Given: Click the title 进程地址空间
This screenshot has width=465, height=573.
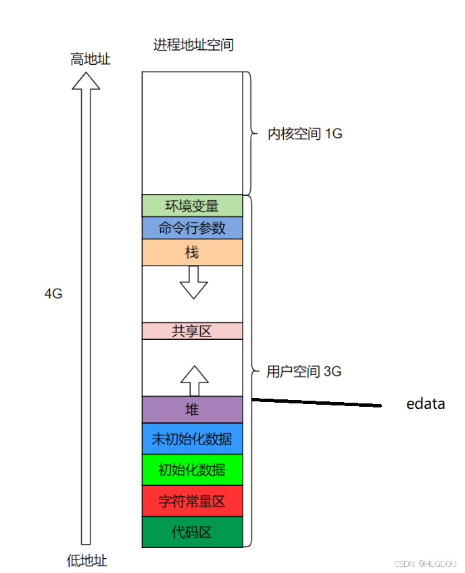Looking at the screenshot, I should click(193, 45).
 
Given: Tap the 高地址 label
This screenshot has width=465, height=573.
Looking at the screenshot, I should click(90, 59).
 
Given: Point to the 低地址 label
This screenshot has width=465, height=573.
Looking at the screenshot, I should click(87, 561).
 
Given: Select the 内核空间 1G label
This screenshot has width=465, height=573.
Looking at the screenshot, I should click(305, 134).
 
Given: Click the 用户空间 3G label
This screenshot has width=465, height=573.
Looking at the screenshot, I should click(303, 371).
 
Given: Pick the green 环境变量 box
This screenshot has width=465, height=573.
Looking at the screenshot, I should click(192, 206).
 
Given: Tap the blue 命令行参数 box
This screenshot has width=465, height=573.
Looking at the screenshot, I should click(192, 228).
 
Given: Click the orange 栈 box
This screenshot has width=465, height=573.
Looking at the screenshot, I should click(192, 252).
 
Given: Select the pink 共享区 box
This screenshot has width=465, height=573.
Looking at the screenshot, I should click(192, 331).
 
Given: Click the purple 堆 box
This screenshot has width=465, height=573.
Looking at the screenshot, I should click(192, 409).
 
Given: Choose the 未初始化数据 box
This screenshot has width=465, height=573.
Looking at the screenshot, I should click(192, 439).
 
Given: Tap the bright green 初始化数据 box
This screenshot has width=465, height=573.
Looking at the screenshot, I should click(192, 470).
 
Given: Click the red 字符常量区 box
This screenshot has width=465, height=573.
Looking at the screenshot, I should click(192, 501).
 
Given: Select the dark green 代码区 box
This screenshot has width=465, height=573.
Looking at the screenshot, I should click(192, 532).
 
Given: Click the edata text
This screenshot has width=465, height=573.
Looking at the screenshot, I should click(425, 404).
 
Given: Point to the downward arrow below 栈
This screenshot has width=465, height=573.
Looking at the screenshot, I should click(194, 282).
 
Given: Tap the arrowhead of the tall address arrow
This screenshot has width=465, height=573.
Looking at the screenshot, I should click(86, 81).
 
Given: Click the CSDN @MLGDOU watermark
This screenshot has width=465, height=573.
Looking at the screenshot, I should click(426, 562).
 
